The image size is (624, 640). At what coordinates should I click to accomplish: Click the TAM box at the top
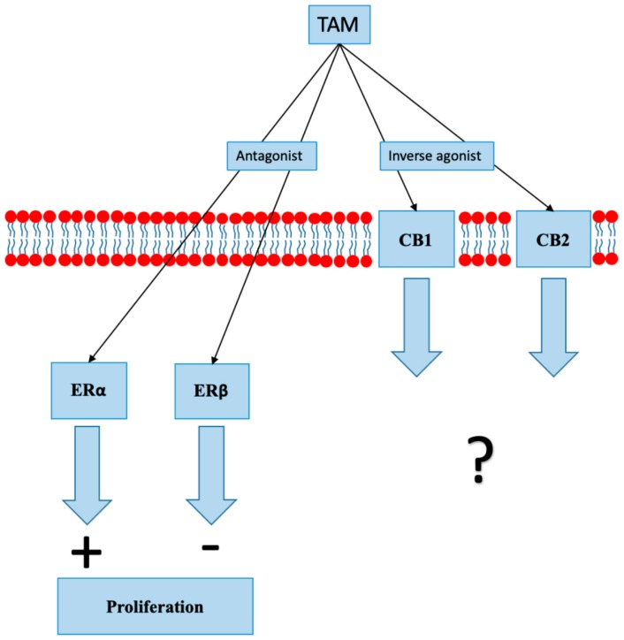coord(338,25)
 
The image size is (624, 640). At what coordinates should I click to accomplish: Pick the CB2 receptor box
coord(553,239)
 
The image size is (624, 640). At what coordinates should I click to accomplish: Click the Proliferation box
coord(156,607)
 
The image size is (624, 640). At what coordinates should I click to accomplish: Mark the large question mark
coord(480,458)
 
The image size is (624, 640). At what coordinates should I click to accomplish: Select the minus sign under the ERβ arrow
coord(210,547)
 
